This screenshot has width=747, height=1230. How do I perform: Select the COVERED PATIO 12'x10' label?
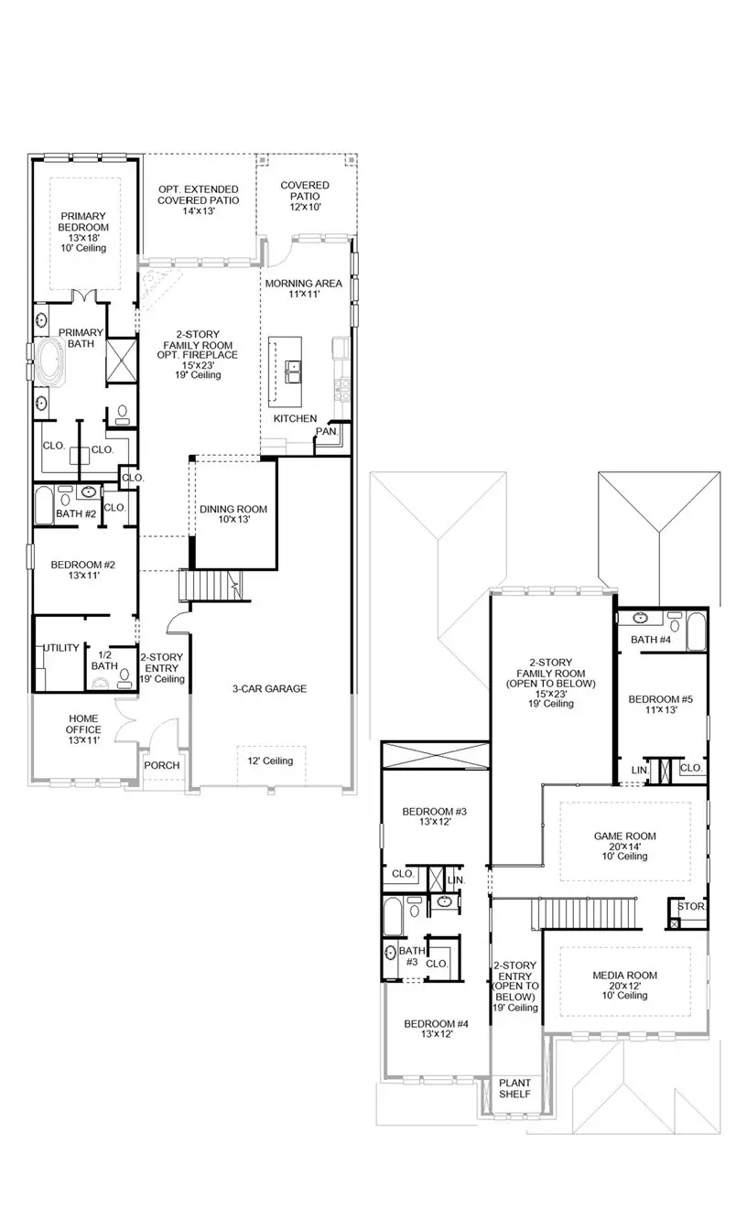click(305, 196)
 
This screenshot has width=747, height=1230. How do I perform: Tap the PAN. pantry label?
click(326, 431)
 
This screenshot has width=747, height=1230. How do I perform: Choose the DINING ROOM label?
click(233, 513)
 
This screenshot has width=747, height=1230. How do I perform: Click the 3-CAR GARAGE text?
click(268, 689)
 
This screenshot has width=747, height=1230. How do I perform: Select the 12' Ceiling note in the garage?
click(270, 761)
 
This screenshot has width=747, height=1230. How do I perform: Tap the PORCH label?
click(162, 765)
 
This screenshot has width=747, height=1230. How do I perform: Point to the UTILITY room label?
click(60, 648)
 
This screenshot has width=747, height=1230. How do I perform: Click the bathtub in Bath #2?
click(45, 504)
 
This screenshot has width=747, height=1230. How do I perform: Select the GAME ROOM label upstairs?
click(625, 846)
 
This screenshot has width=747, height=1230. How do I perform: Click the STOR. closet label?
click(692, 906)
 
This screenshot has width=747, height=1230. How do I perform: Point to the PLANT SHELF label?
click(514, 1088)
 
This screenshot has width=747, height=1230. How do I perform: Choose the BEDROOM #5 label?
click(660, 705)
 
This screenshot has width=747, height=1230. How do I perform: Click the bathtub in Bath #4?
click(696, 631)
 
